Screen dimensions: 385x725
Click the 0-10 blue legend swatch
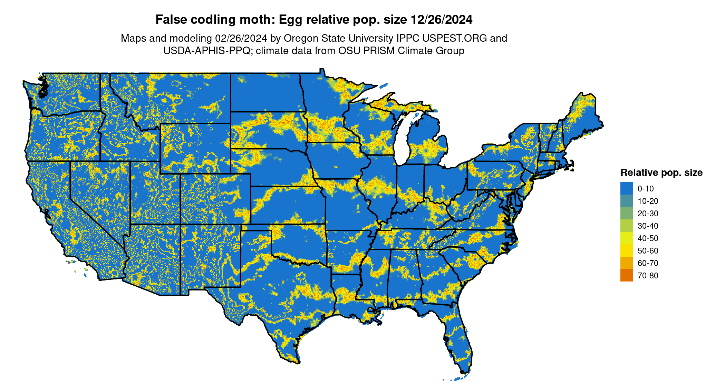[x=626, y=188]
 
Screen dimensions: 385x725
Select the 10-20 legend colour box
[x=626, y=201]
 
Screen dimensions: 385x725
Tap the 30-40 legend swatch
[x=626, y=226]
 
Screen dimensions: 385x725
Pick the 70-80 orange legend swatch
[x=626, y=275]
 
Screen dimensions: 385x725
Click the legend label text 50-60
[x=648, y=251]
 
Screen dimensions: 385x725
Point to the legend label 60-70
[x=648, y=263]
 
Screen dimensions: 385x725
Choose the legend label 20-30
[x=648, y=214]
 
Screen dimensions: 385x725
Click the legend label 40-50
[x=648, y=238]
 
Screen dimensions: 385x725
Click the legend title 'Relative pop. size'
[x=661, y=172]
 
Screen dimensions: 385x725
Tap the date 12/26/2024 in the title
[x=441, y=20]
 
